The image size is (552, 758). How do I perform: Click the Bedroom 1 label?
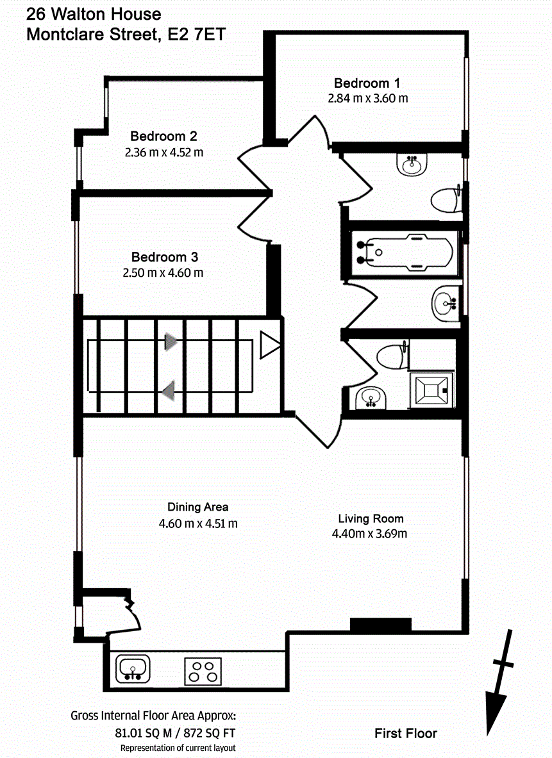click(x=367, y=83)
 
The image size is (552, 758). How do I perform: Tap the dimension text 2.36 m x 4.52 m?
click(x=163, y=152)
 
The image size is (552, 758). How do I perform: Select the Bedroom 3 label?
click(x=164, y=257)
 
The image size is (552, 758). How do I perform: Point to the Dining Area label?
click(x=198, y=507)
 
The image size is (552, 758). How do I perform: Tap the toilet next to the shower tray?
click(x=392, y=356)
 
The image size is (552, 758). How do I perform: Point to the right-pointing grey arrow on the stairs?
click(x=171, y=342)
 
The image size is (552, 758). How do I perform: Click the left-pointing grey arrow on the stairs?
click(x=169, y=390)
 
